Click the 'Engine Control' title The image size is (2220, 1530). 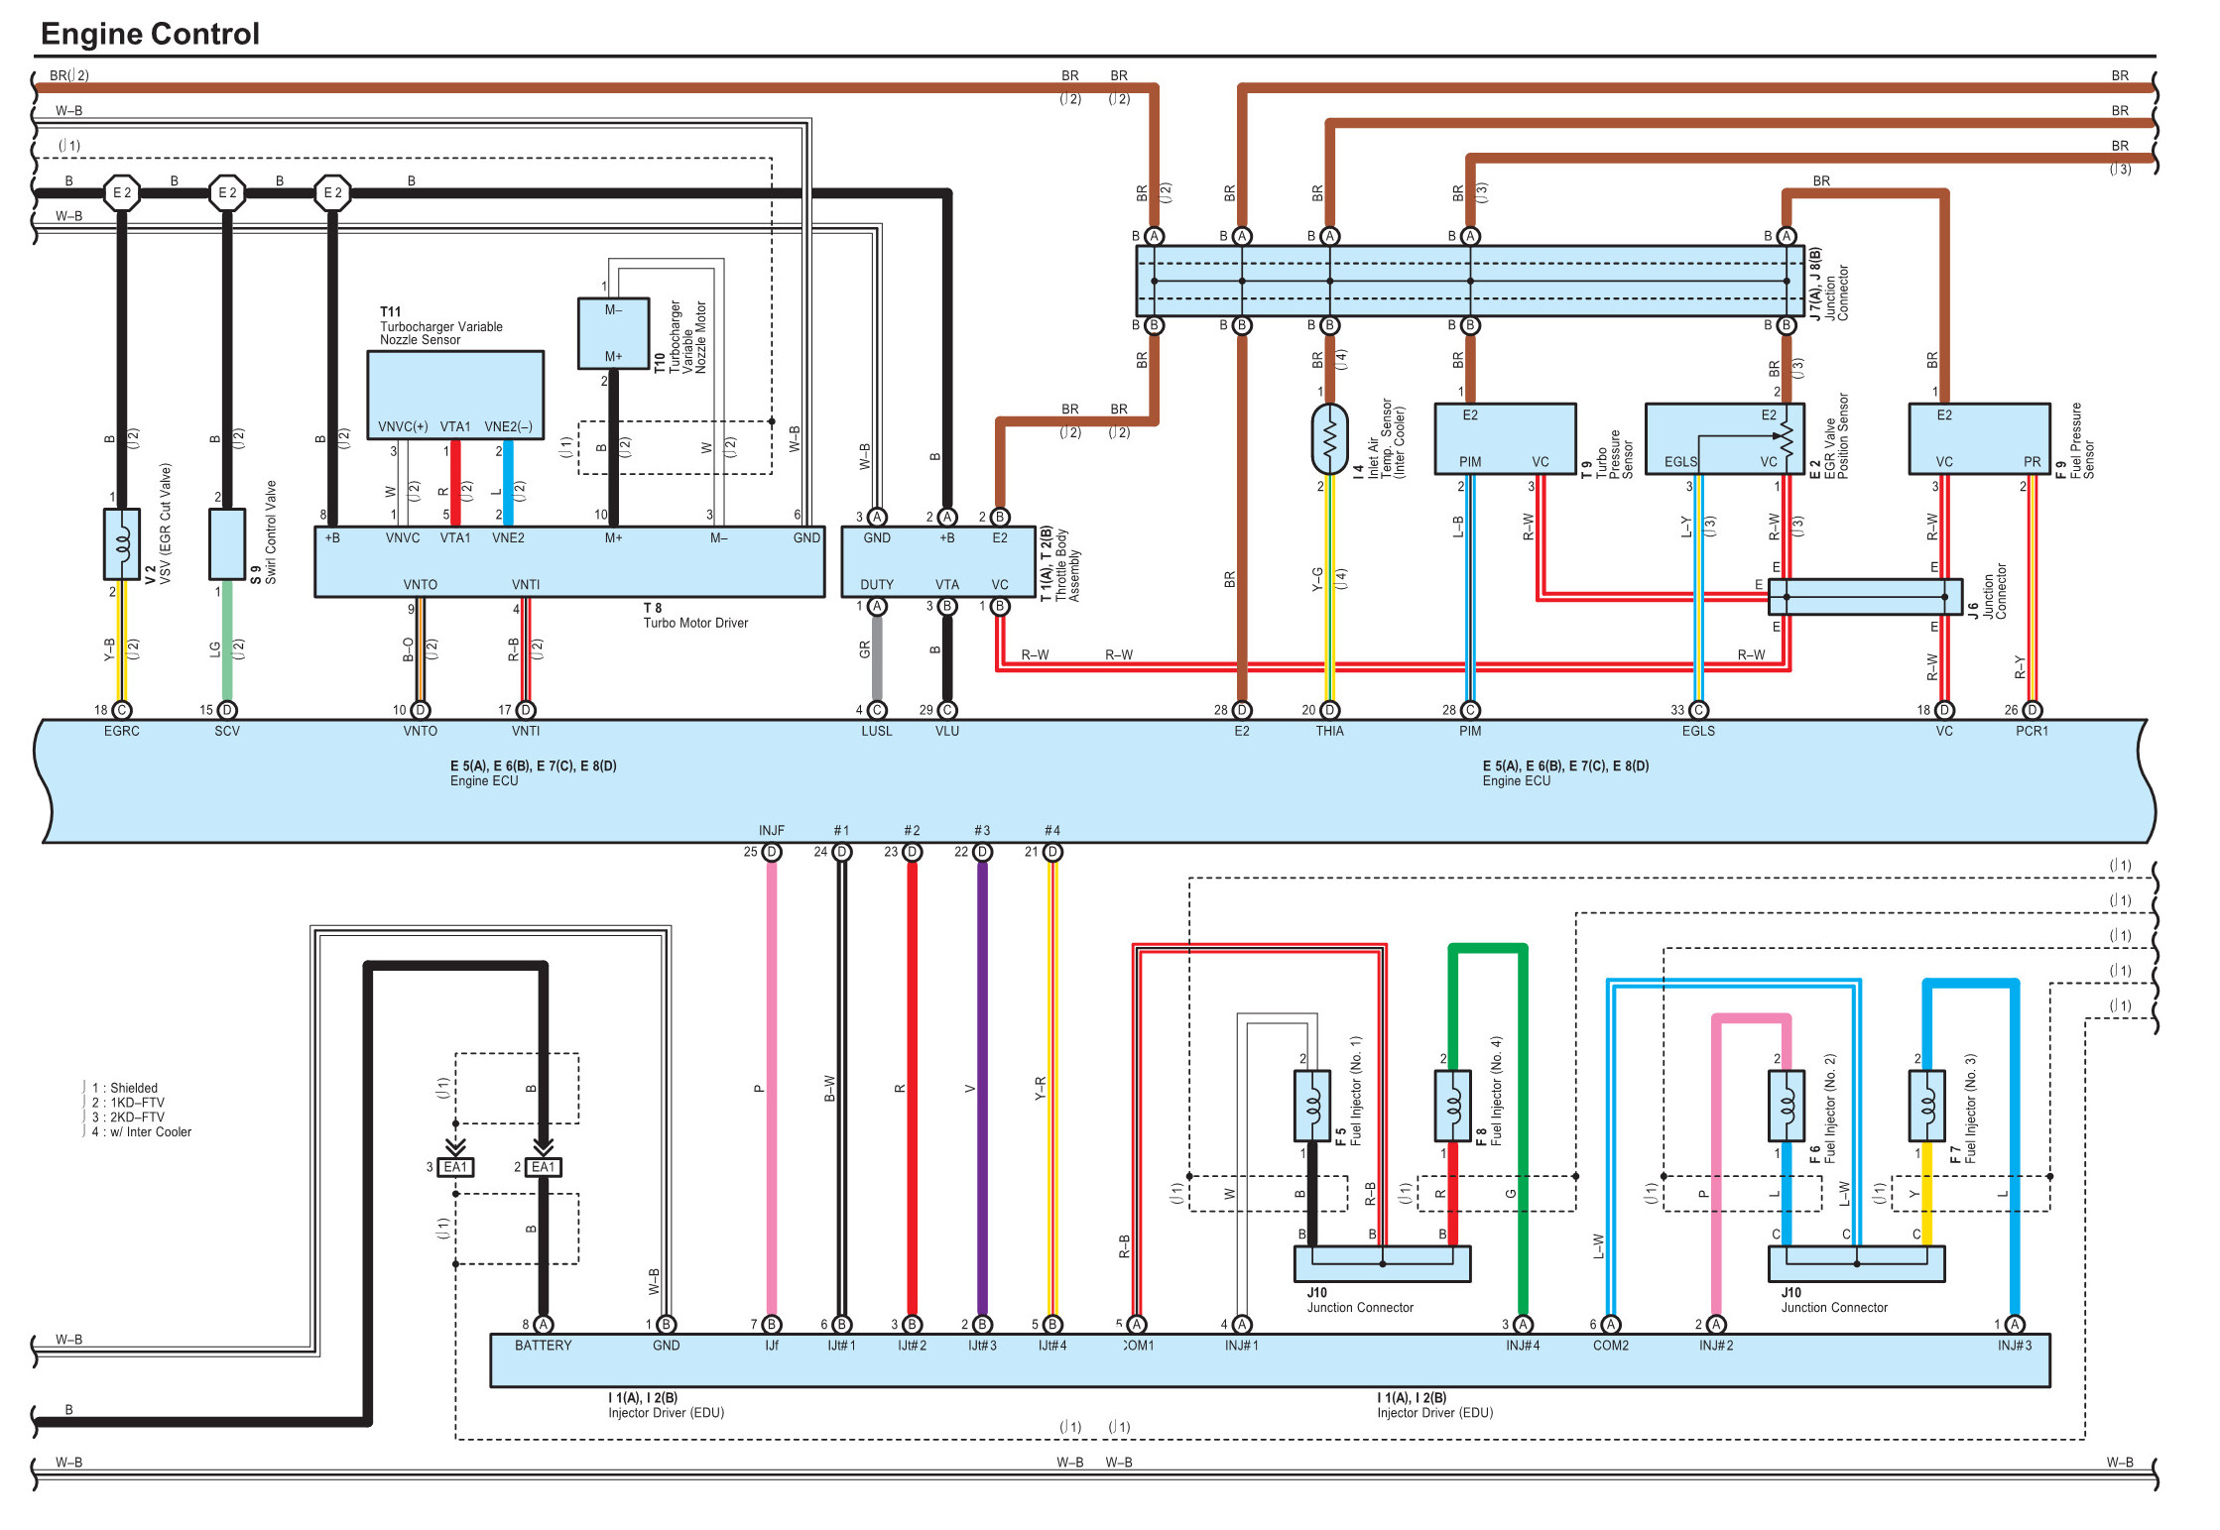pyautogui.click(x=150, y=34)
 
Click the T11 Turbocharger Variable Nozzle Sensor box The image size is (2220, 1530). pyautogui.click(x=455, y=395)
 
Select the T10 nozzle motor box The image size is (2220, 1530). pyautogui.click(x=614, y=333)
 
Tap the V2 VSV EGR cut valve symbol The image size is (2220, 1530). pyautogui.click(x=122, y=544)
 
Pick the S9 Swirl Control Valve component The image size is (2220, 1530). pyautogui.click(x=227, y=544)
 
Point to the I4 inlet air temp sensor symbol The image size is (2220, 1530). pyautogui.click(x=1329, y=438)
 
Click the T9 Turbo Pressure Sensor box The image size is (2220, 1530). pyautogui.click(x=1505, y=438)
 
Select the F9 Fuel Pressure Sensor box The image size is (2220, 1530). pyautogui.click(x=1979, y=438)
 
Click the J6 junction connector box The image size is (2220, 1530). pyautogui.click(x=1865, y=597)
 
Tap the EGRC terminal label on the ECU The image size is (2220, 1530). pyautogui.click(x=122, y=731)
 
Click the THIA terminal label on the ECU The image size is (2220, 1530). pyautogui.click(x=1329, y=731)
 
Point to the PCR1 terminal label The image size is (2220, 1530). pyautogui.click(x=2032, y=731)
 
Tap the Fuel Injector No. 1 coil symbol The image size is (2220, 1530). pyautogui.click(x=1311, y=1106)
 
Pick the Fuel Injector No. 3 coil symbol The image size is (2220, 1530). pyautogui.click(x=1926, y=1106)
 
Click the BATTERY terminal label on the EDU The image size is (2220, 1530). pyautogui.click(x=543, y=1346)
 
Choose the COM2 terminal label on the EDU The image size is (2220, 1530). pyautogui.click(x=1611, y=1346)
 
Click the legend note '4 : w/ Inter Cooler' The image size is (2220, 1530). pyautogui.click(x=142, y=1131)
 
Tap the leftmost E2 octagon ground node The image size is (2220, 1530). pyautogui.click(x=122, y=192)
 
